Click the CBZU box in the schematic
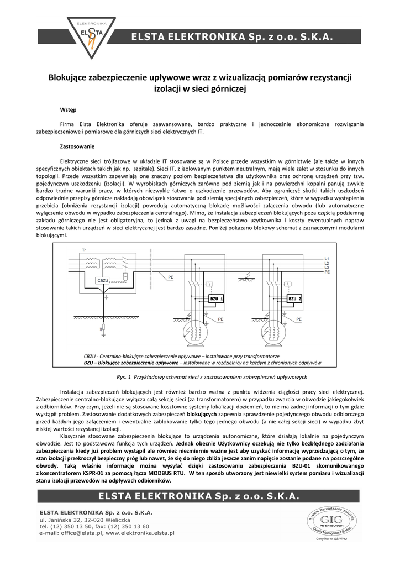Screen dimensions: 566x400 coord(103,281)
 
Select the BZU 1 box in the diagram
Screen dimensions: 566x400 coord(216,299)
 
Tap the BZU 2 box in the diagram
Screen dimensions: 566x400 coord(294,299)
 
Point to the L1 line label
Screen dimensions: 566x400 coord(327,259)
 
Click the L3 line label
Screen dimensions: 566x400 coord(327,268)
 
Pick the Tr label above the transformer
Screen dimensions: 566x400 coord(84,251)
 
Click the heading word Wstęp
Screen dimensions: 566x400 coord(68,110)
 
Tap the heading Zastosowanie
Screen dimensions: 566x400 coord(77,146)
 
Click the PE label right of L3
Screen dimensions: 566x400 coord(327,272)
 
